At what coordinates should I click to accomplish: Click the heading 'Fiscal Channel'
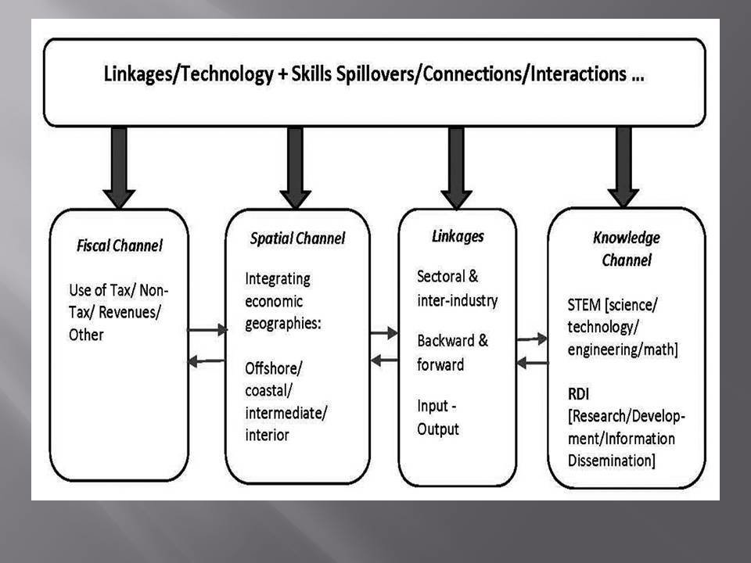coord(120,246)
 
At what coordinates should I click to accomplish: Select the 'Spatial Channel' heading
coord(296,238)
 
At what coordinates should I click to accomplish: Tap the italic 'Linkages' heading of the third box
coord(458,235)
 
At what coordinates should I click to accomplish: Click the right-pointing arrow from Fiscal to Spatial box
coord(207,330)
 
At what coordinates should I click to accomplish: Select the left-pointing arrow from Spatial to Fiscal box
coord(207,360)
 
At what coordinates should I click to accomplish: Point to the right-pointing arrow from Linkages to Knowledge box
coord(532,339)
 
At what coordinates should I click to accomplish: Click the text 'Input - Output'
coord(439,418)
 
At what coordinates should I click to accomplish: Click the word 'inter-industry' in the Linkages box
coord(457,299)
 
